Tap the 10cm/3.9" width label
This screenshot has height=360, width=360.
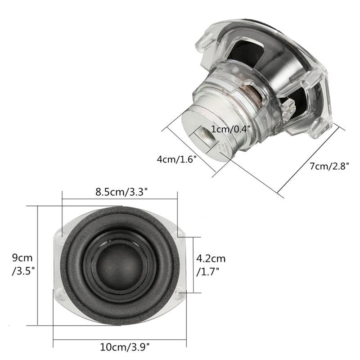[x=124, y=346]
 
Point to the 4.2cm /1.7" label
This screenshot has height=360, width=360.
[x=211, y=265]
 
